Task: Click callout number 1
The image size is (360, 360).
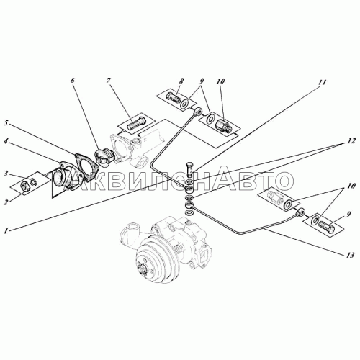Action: coord(6,231)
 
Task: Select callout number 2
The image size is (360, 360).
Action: coord(6,202)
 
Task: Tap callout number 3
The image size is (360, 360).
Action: coord(7,173)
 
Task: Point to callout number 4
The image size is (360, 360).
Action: coord(6,142)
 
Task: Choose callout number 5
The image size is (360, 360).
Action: coord(6,123)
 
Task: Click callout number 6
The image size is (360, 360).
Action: coord(72,81)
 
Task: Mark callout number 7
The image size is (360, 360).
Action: coord(109,81)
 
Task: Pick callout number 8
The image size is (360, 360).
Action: coord(181,81)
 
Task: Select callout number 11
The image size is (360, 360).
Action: coord(323,82)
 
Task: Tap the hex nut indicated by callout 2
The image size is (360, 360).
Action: coord(24,185)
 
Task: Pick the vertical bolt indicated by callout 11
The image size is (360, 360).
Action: coord(189,170)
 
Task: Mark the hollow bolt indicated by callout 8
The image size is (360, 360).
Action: coord(174,98)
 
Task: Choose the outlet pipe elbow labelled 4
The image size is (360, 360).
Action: coord(64,175)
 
